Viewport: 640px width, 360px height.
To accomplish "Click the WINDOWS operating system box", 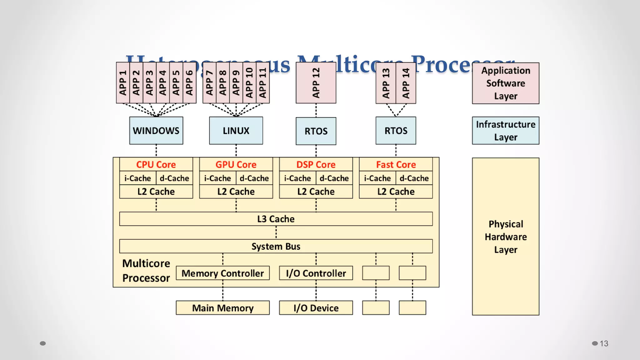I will click(156, 131).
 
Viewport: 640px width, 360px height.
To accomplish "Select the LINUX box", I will click(236, 131).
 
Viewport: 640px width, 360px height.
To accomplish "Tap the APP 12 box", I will click(316, 83).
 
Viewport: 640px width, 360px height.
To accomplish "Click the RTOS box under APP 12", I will click(316, 131).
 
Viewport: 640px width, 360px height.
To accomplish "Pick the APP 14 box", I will click(406, 83).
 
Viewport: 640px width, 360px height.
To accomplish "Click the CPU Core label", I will click(156, 164).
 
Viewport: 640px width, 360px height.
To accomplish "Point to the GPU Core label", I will click(236, 164).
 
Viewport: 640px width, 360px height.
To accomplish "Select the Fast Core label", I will click(396, 164).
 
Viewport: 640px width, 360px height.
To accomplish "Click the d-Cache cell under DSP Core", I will click(334, 178).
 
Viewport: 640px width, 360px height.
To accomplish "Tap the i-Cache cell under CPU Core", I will click(137, 178).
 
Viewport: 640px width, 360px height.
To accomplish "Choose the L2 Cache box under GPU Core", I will click(236, 191).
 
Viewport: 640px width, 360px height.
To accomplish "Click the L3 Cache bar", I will click(276, 219).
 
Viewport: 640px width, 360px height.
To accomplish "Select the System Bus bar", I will click(276, 246).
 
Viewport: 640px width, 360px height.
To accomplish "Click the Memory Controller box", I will click(222, 273).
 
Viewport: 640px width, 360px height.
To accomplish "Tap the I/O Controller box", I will click(316, 273).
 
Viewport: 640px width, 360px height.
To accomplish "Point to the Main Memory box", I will click(222, 308).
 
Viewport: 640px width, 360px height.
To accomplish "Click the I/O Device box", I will click(316, 308).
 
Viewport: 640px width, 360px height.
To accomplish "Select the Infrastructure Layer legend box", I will click(505, 131).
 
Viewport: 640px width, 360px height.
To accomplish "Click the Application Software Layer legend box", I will click(505, 83).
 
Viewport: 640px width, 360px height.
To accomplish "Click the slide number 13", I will click(604, 343).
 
